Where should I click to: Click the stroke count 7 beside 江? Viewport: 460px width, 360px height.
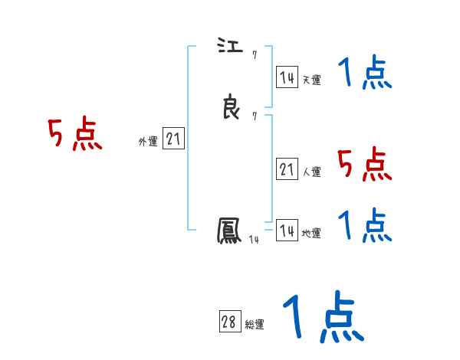coord(254,54)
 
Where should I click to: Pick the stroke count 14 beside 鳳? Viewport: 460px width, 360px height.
coord(254,241)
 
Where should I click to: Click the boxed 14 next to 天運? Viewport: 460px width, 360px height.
coord(287,77)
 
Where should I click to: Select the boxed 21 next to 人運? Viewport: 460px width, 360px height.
coord(287,169)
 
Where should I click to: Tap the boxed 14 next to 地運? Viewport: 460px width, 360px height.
coord(287,231)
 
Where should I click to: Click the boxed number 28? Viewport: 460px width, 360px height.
coord(229,322)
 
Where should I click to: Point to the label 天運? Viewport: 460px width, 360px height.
coord(311,80)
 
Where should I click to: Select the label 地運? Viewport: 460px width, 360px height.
coord(311,234)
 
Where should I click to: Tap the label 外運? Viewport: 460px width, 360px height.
coord(148,142)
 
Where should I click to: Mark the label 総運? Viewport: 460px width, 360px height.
coord(255,325)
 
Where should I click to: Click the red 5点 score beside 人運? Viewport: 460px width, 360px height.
coord(365,164)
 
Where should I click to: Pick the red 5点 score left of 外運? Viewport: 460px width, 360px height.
coord(75,135)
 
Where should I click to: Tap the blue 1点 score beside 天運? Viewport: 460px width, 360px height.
coord(365,74)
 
